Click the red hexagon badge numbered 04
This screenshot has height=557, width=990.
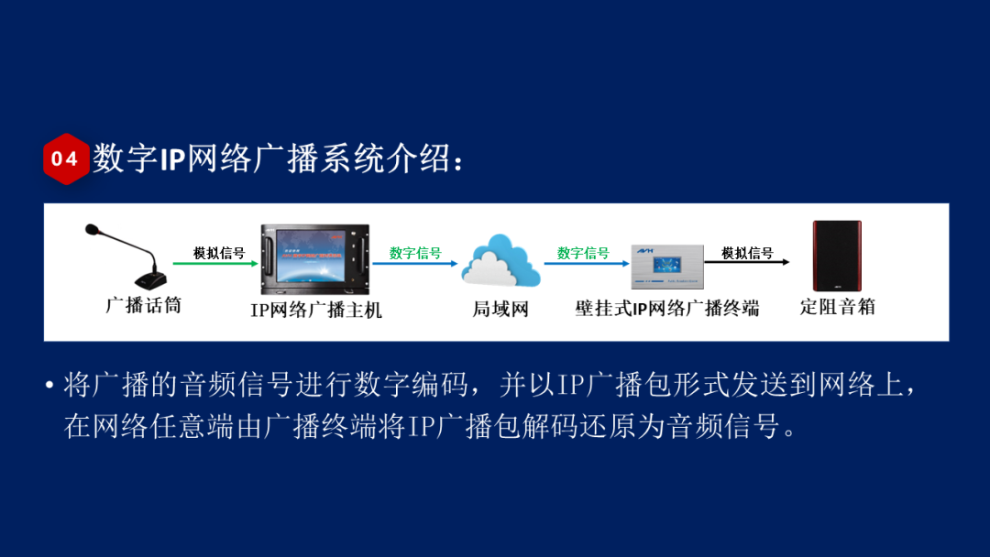[x=65, y=158]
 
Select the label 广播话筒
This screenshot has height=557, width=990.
[x=143, y=305]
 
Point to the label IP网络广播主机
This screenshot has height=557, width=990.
[x=316, y=310]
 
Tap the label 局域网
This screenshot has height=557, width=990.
[x=500, y=309]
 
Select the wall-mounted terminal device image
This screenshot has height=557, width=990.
[x=666, y=267]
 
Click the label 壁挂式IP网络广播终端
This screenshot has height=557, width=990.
[x=666, y=309]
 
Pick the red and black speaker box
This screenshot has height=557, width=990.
[x=837, y=256]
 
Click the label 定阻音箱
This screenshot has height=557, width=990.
[x=837, y=307]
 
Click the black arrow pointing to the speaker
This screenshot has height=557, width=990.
[x=746, y=263]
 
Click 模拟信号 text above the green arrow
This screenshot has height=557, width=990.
[x=218, y=252]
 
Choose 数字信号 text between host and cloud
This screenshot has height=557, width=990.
[x=415, y=252]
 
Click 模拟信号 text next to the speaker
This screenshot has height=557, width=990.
[x=746, y=252]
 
